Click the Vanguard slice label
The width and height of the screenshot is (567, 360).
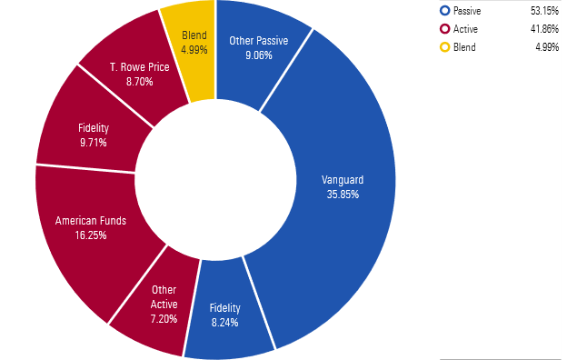point(343,180)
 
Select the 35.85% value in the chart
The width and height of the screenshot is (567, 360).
point(343,194)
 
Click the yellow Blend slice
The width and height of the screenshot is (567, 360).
point(192,45)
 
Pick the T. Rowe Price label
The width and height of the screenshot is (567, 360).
point(138,67)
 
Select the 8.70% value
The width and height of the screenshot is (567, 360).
point(138,81)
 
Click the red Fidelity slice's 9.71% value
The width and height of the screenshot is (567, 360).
point(93,143)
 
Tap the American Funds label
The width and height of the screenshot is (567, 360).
point(91,220)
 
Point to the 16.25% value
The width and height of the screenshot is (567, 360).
point(91,235)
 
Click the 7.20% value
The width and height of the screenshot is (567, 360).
point(164,321)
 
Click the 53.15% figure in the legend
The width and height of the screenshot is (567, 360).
point(543,11)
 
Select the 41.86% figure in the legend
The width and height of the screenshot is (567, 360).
point(543,29)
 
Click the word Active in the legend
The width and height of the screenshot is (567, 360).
point(465,29)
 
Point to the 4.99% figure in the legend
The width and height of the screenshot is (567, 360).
point(546,47)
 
